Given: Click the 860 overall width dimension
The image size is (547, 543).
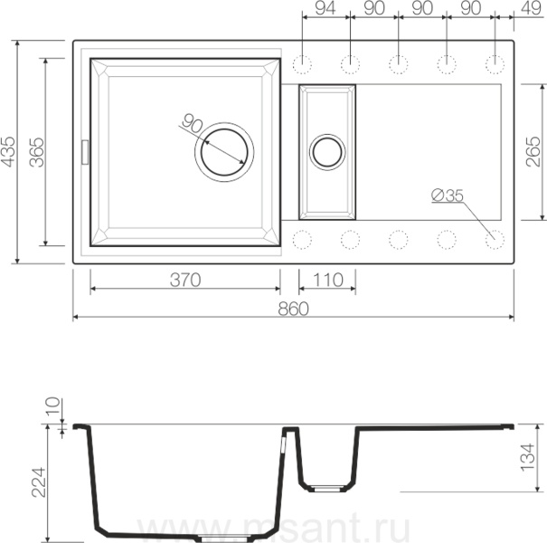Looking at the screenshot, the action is click(x=293, y=309).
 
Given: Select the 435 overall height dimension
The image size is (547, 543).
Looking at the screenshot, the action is click(x=7, y=151).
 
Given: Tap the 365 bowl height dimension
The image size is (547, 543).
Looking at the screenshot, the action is click(x=37, y=152).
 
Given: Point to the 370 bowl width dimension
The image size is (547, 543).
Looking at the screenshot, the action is click(x=185, y=280).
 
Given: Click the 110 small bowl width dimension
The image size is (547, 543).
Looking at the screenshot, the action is click(x=327, y=280).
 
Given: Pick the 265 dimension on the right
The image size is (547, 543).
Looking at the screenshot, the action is click(x=533, y=151).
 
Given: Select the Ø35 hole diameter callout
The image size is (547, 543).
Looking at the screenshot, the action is click(x=448, y=195).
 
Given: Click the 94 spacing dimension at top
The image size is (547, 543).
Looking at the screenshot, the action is click(x=325, y=8).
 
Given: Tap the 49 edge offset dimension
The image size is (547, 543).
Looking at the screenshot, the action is click(x=531, y=8).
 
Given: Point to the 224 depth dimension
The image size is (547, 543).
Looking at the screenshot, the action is click(x=38, y=481).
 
